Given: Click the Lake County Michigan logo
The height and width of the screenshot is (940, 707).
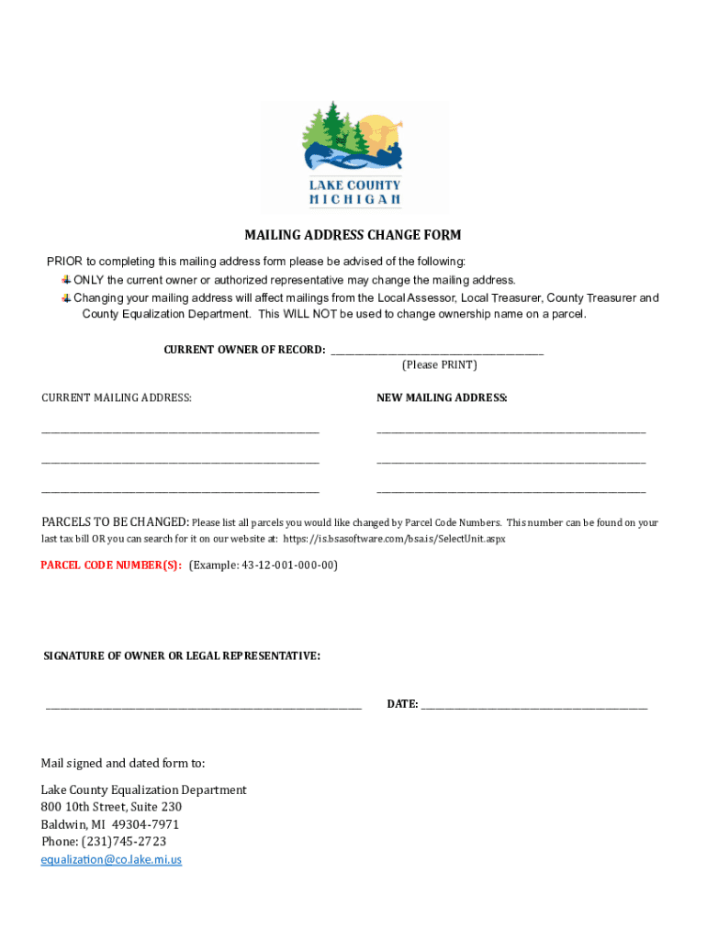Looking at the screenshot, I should point(353,155).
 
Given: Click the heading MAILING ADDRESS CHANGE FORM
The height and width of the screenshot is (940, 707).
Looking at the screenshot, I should point(353,235).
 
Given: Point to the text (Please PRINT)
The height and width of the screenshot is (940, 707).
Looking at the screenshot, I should point(440,365).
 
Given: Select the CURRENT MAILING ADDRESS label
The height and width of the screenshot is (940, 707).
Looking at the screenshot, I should point(117,397).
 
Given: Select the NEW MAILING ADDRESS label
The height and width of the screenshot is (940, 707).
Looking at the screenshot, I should point(442,397).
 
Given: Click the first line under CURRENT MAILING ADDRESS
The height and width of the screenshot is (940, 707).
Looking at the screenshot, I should point(180,431).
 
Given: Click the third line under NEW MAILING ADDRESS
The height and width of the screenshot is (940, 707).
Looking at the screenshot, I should point(511,492).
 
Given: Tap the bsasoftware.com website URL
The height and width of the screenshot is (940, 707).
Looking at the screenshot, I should point(394,539).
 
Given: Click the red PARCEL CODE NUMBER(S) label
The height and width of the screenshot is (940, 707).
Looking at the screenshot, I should point(111,565).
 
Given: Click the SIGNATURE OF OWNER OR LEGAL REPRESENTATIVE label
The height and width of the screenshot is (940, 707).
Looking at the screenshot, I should point(182,656).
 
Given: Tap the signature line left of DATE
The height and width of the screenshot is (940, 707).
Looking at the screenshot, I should point(204,707).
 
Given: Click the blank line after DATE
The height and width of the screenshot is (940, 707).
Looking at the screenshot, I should point(534,707).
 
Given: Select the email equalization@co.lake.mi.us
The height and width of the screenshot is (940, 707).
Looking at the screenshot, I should point(111,860).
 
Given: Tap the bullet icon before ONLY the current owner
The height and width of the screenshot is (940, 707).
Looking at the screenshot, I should point(66,280).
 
